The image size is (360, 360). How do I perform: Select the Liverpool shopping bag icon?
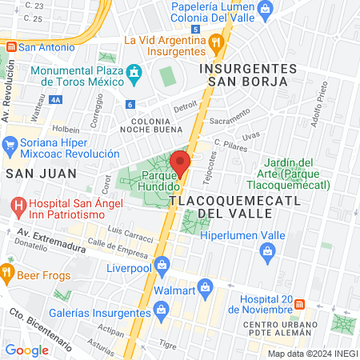(x=162, y=263)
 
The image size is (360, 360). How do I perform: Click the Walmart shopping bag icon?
(x=206, y=286)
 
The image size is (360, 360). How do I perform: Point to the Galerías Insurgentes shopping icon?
(x=162, y=309)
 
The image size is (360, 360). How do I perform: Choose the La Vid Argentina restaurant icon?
(x=214, y=42)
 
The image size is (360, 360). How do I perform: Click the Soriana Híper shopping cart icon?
(x=10, y=145)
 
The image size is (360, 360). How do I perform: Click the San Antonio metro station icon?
(x=10, y=46)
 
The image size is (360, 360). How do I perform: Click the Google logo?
(x=27, y=350)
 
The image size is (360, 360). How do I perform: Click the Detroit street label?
(x=185, y=105)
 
